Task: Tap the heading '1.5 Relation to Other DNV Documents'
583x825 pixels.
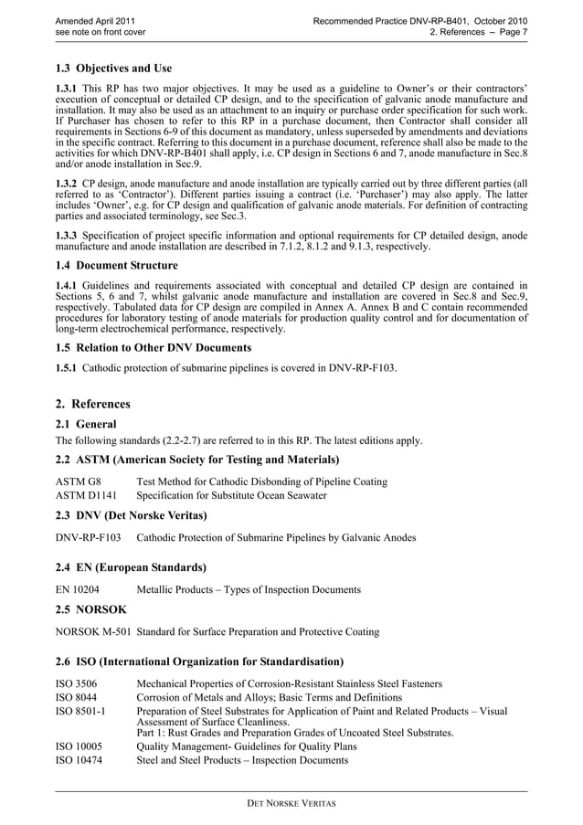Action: pyautogui.click(x=154, y=348)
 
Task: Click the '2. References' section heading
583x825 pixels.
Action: pyautogui.click(x=92, y=404)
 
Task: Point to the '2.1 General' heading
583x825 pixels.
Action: pyautogui.click(x=86, y=425)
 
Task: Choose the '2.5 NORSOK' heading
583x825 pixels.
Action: pyautogui.click(x=90, y=608)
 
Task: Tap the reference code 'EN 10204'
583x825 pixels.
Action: pyautogui.click(x=78, y=590)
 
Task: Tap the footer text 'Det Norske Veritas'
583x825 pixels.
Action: pyautogui.click(x=291, y=804)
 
